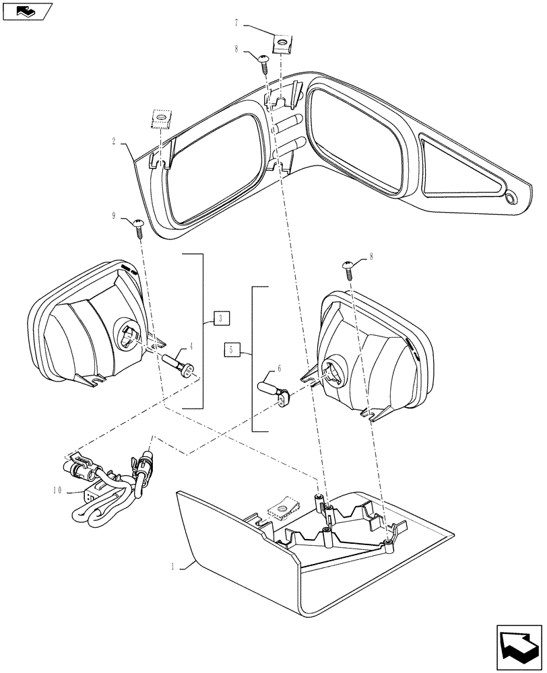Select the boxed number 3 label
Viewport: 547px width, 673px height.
[220, 318]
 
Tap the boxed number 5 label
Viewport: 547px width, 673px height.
[232, 349]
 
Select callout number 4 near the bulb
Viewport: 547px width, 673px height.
[191, 347]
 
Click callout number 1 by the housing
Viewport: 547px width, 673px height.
[172, 567]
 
